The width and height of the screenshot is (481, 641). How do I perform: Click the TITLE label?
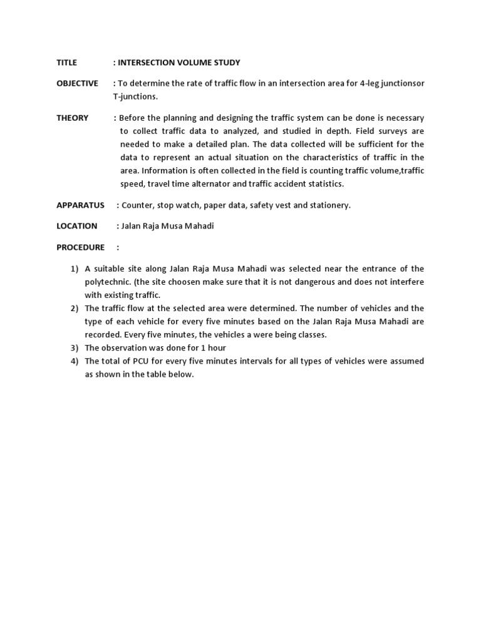66,63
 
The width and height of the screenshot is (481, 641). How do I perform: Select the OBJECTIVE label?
77,83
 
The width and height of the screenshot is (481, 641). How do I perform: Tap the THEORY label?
72,118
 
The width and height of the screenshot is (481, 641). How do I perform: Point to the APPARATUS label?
80,205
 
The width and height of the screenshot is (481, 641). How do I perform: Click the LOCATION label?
76,226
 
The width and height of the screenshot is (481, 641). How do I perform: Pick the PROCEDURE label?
80,247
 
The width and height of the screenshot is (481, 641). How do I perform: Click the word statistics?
322,184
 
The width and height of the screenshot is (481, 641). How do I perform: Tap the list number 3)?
74,348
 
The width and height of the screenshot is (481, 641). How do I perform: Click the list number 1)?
74,269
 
